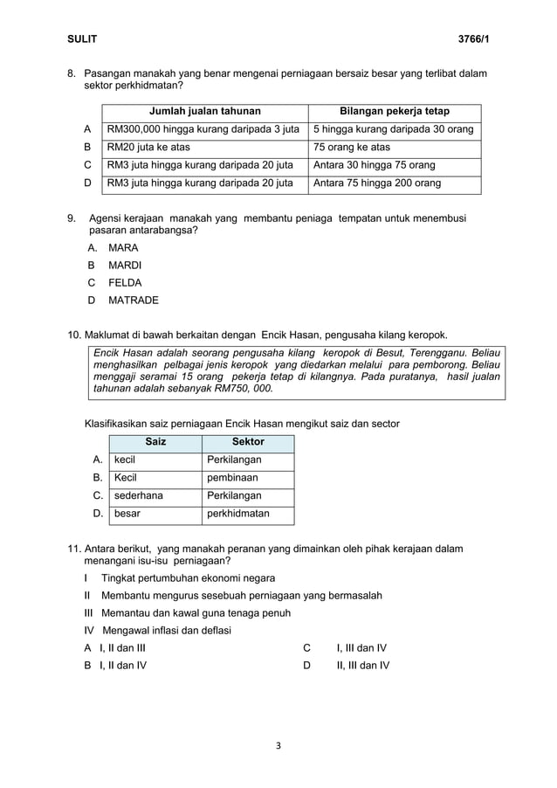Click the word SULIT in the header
click(x=83, y=39)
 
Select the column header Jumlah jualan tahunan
click(x=204, y=111)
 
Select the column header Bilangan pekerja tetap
click(x=394, y=111)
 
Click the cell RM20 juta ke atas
click(x=148, y=148)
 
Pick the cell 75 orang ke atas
click(x=352, y=148)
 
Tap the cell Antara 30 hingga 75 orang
click(x=374, y=165)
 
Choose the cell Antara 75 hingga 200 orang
click(x=377, y=183)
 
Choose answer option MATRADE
click(x=133, y=301)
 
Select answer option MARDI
click(x=124, y=265)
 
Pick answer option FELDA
click(x=124, y=283)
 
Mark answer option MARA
click(x=122, y=247)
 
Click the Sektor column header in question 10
click(x=248, y=442)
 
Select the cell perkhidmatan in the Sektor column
click(x=238, y=514)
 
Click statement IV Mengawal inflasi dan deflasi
click(x=157, y=631)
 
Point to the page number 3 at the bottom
click(x=278, y=745)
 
